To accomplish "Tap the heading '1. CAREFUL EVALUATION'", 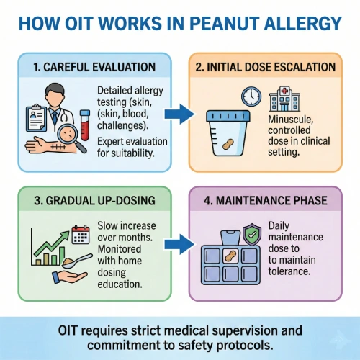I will pyautogui.click(x=94, y=67).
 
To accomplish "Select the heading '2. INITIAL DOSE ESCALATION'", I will pyautogui.click(x=266, y=67).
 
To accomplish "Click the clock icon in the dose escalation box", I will pyautogui.click(x=251, y=96).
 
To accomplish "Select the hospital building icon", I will pyautogui.click(x=284, y=99).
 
